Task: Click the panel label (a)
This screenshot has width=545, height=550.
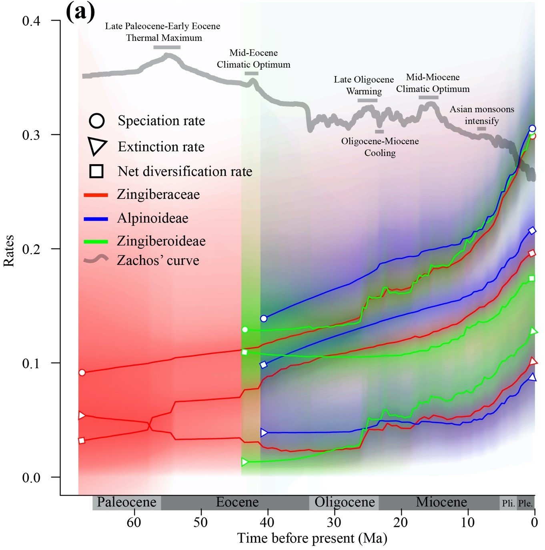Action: [80, 12]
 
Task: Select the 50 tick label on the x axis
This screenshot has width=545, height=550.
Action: [201, 522]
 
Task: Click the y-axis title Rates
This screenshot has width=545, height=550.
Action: [9, 251]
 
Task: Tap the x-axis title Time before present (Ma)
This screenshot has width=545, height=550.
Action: [312, 538]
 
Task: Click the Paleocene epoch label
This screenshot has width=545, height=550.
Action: [126, 502]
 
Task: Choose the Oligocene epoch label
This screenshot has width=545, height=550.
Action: [345, 502]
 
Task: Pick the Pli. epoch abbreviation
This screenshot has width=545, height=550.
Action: [508, 503]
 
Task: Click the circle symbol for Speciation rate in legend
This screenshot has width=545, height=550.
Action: [97, 120]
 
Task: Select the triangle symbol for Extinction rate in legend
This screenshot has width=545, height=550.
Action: [97, 147]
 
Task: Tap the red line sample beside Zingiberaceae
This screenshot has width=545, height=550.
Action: [96, 195]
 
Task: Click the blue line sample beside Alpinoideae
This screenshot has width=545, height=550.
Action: [96, 219]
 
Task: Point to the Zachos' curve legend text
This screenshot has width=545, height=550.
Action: [158, 261]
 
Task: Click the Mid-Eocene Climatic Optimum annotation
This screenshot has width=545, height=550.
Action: [253, 59]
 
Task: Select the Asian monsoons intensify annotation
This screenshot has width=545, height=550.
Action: [482, 115]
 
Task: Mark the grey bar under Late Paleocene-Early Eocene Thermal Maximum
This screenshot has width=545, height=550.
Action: [167, 47]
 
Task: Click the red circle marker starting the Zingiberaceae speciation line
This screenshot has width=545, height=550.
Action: [82, 373]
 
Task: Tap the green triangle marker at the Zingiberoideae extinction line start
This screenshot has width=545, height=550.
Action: [245, 462]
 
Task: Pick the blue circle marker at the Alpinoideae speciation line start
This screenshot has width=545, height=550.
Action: [264, 319]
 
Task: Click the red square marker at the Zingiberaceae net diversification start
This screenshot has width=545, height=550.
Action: [82, 441]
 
